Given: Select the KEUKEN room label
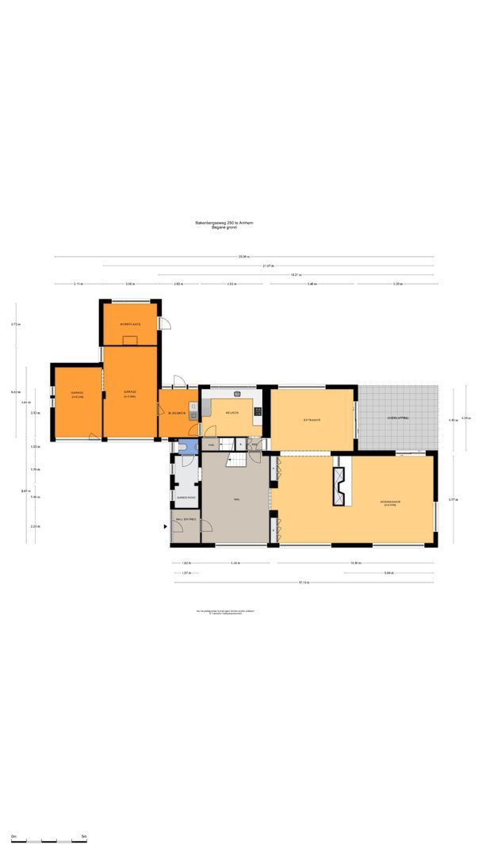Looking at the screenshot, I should (232, 413).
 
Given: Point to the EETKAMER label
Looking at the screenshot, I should (311, 419).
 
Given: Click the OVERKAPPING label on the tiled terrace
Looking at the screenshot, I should (397, 418).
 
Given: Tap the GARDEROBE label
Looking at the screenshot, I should (186, 498).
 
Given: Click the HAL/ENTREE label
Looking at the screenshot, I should (186, 520).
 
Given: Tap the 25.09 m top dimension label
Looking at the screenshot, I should (243, 257).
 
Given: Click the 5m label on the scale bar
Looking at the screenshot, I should (84, 836).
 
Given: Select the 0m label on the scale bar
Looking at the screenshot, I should (13, 836).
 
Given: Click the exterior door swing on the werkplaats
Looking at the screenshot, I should (166, 323).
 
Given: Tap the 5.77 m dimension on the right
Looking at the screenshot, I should (451, 499).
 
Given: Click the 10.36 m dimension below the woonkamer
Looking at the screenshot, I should (356, 563).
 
